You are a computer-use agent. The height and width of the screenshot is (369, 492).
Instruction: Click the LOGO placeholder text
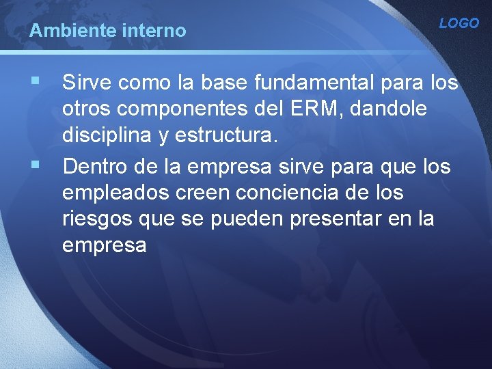pyautogui.click(x=459, y=23)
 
